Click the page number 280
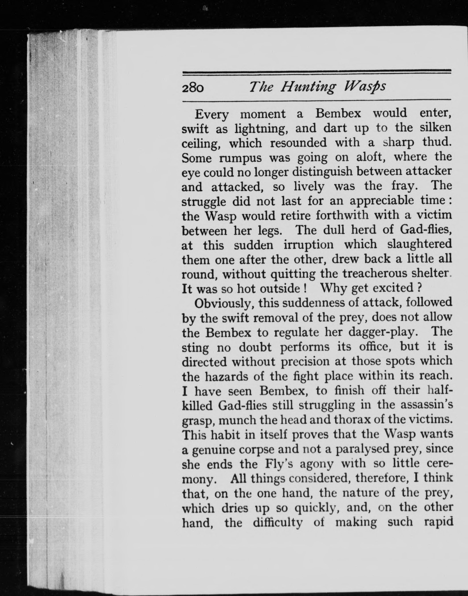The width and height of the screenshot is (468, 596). tap(193, 88)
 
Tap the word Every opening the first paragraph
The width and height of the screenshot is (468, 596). tap(211, 114)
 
